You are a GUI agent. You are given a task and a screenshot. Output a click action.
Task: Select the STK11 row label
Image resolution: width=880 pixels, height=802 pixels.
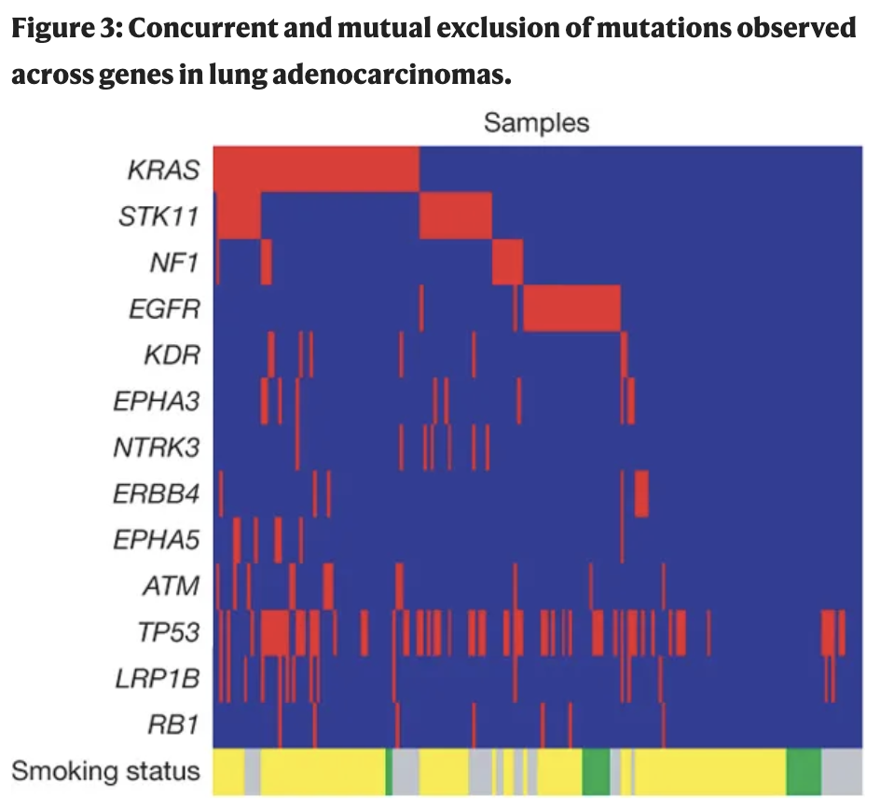tap(159, 215)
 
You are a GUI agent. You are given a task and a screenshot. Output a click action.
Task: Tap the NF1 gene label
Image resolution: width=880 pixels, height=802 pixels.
tap(174, 262)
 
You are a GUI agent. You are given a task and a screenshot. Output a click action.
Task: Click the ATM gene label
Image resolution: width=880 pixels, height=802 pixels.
tap(171, 586)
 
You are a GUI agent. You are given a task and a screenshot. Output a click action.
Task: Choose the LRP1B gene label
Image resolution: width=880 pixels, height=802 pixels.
tap(157, 678)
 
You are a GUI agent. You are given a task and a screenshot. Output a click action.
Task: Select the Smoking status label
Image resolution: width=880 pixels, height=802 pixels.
tap(105, 771)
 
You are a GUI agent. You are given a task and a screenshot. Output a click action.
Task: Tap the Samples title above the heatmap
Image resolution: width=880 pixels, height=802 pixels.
tap(536, 123)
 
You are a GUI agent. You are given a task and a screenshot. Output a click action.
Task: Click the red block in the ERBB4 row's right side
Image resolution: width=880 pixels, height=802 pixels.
tap(641, 493)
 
